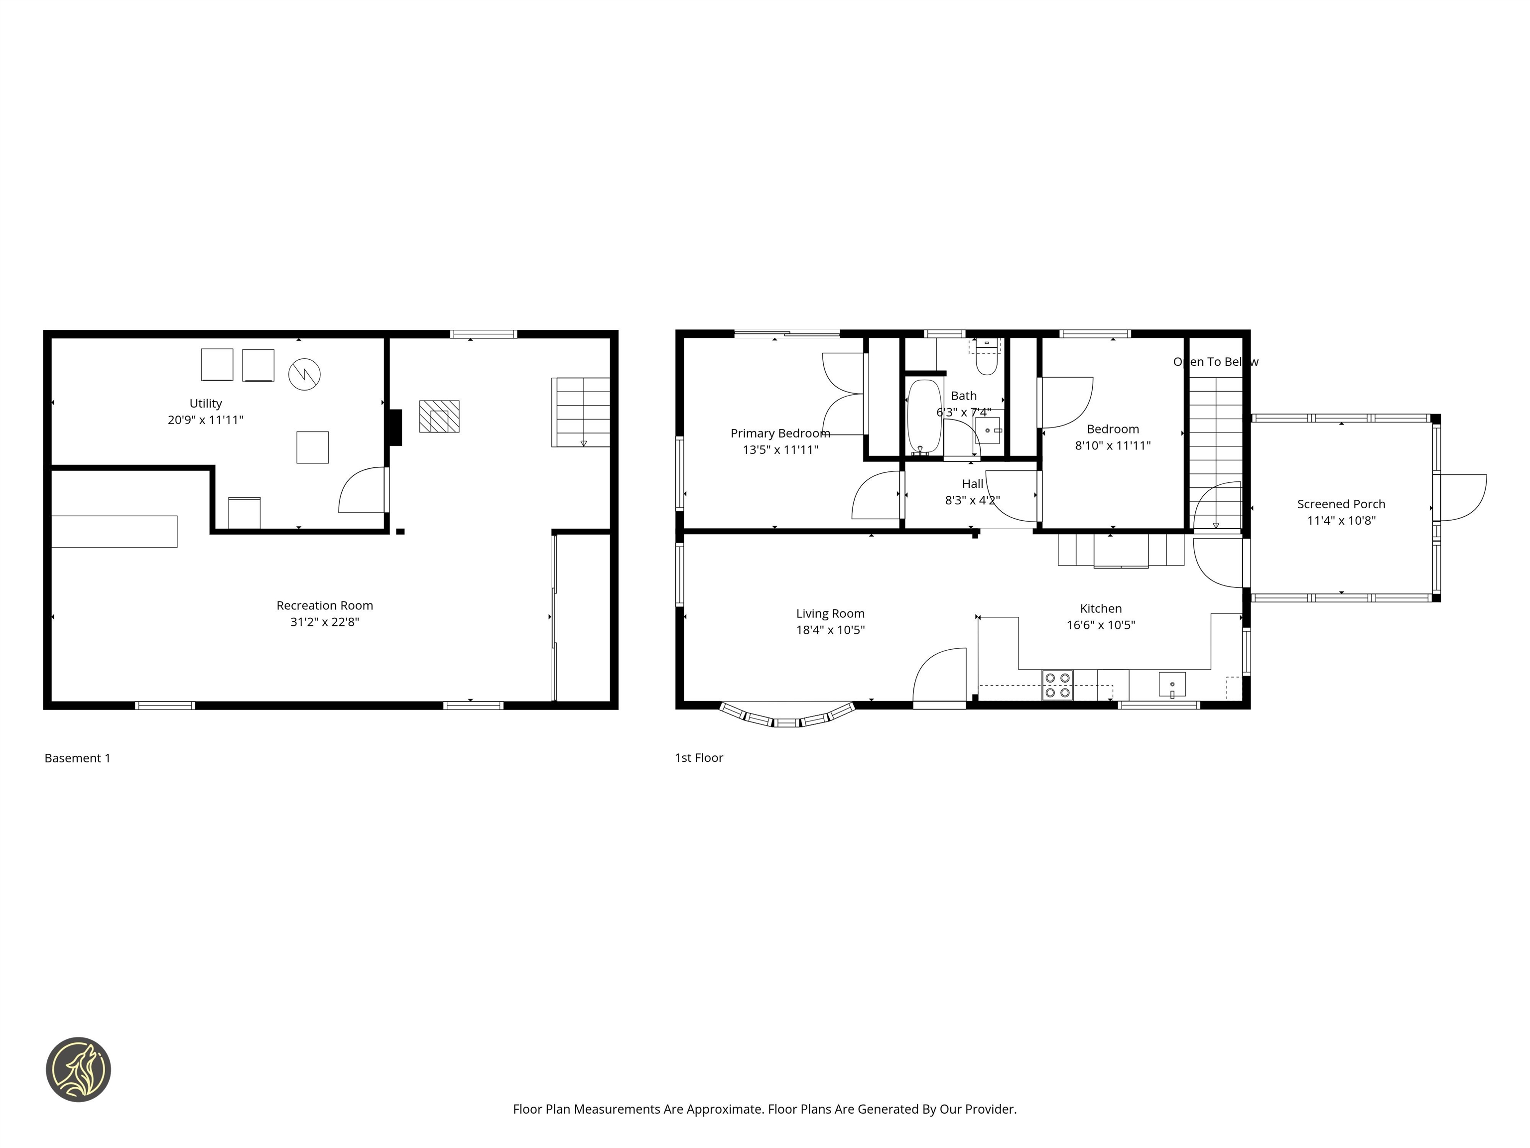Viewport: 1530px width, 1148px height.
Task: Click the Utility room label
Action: (x=205, y=404)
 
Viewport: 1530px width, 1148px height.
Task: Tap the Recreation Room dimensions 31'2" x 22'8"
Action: (x=324, y=622)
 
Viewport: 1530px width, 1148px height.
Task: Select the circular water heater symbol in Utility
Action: (x=304, y=374)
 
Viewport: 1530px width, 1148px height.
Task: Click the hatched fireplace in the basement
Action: (x=439, y=417)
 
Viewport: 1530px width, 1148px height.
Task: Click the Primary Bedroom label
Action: (x=780, y=433)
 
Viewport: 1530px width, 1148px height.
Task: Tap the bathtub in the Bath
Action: (x=924, y=417)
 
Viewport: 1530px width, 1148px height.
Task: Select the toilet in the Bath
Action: (x=986, y=362)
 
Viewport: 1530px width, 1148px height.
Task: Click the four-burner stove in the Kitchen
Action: (x=1057, y=685)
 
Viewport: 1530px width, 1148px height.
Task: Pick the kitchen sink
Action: (x=1172, y=685)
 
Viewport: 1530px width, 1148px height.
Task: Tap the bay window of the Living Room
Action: (x=787, y=717)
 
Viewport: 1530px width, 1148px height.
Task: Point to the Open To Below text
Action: (x=1215, y=362)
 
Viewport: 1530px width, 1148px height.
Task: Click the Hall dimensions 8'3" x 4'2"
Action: (x=973, y=500)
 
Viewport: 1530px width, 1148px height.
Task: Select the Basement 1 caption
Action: (x=78, y=758)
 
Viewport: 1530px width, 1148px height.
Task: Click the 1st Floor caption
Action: (x=699, y=758)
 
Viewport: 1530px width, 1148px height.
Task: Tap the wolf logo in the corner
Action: (x=79, y=1069)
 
